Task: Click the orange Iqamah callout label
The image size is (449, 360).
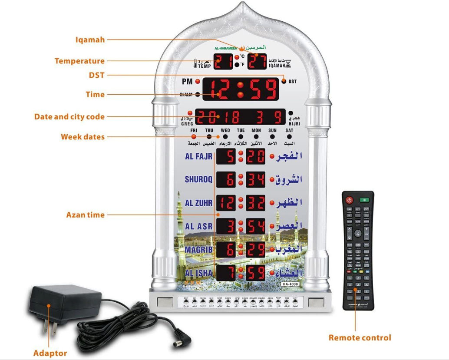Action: (90, 40)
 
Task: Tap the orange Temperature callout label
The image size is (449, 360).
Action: (79, 61)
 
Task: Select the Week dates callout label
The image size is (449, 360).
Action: (83, 137)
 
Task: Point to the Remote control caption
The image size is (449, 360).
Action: (360, 337)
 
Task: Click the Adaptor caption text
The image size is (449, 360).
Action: (50, 353)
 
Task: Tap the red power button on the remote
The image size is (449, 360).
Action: (350, 200)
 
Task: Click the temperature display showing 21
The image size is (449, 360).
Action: (223, 62)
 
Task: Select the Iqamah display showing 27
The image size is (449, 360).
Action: (257, 62)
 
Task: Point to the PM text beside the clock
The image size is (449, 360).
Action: (187, 81)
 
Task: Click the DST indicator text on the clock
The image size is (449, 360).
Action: (293, 81)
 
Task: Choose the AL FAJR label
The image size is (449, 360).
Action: (198, 156)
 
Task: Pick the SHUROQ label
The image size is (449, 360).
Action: (199, 179)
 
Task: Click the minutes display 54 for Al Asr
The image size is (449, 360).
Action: (256, 226)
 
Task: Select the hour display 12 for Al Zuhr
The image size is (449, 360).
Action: (226, 203)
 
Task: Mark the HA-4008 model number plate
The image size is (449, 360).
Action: (289, 284)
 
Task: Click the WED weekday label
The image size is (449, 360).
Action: (225, 130)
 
